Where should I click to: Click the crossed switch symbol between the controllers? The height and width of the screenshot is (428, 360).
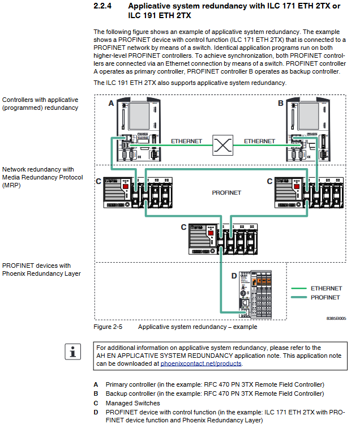(222, 145)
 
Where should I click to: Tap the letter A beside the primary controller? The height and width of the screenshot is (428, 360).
(111, 103)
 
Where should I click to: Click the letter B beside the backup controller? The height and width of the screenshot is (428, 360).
(281, 103)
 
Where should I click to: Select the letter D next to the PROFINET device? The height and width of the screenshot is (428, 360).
(234, 276)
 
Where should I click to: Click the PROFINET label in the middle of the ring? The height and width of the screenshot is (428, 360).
(226, 192)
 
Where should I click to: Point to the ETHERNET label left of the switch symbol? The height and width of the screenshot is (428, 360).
(186, 141)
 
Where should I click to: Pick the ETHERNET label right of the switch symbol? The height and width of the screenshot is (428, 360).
(259, 141)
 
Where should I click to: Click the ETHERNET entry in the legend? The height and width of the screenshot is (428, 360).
(326, 288)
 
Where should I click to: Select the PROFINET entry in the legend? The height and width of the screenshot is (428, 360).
(325, 297)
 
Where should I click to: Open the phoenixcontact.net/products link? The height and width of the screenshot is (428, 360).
(201, 363)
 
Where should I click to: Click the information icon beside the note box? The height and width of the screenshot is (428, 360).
(73, 352)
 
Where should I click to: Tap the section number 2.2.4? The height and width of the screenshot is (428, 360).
(102, 6)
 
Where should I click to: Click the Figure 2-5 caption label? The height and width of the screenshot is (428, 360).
(108, 327)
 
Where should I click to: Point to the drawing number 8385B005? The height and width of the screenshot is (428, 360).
(336, 318)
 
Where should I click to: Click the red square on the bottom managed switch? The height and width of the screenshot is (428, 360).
(211, 233)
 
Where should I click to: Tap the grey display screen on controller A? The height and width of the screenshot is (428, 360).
(139, 116)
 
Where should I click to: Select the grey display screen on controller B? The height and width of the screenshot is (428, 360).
(309, 116)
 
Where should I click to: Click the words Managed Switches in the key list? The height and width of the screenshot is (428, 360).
(132, 403)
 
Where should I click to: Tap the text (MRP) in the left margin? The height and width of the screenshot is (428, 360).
(11, 185)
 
